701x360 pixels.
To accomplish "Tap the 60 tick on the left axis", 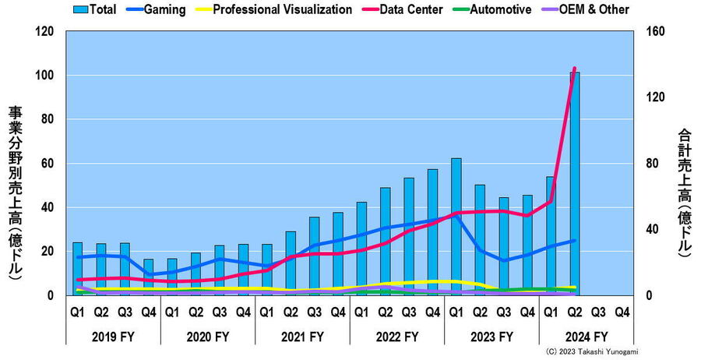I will click(x=46, y=164).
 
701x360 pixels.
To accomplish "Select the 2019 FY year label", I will click(x=112, y=337).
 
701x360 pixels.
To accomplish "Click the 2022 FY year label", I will click(x=396, y=337).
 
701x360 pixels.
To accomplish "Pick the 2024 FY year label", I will click(x=586, y=337).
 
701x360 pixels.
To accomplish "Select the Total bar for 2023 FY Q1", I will click(x=456, y=227).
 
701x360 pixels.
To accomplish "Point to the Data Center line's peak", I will click(x=575, y=69).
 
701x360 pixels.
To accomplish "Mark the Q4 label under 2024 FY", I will click(x=622, y=312).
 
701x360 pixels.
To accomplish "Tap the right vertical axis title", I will click(x=685, y=191).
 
